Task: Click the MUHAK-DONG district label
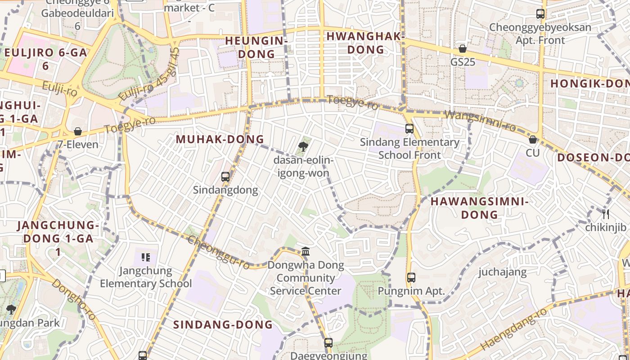[220, 139]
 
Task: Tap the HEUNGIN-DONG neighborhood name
[256, 47]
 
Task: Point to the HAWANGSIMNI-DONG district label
[479, 208]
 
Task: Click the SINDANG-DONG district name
[223, 324]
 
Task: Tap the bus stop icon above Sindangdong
[225, 177]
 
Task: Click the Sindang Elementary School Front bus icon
[409, 129]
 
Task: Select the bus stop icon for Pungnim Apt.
[411, 278]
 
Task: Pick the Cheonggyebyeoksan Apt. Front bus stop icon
[540, 14]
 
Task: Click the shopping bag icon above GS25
[463, 49]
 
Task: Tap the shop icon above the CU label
[533, 140]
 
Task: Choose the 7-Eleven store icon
[78, 132]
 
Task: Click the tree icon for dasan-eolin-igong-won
[303, 146]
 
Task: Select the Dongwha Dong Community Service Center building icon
[306, 251]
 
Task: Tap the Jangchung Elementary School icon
[145, 257]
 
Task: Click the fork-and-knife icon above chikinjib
[606, 214]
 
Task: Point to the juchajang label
[502, 272]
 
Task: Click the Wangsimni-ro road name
[480, 121]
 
